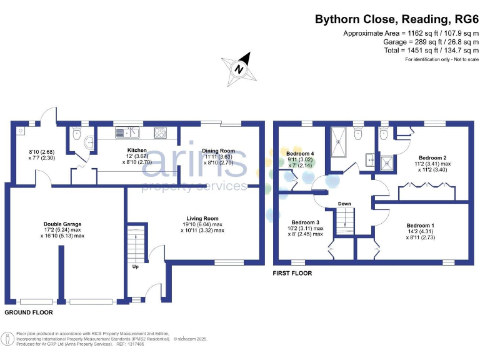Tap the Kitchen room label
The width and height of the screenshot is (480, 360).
137,151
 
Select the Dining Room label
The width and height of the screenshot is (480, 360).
218,151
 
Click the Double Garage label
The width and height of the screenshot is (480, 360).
62,224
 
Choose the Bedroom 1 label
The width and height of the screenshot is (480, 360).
419,225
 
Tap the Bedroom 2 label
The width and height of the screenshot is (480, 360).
431,157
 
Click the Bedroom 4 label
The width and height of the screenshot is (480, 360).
301,153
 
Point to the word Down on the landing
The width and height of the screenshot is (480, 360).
344,204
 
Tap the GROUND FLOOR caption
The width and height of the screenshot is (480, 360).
29,312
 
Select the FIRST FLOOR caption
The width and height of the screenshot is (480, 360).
292,273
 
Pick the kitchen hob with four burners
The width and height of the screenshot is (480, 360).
159,132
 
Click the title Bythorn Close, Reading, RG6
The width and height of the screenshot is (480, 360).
396,19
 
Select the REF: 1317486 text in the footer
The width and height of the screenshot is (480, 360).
130,344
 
